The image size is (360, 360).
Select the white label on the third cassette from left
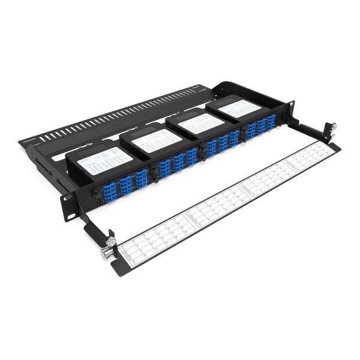[201, 123]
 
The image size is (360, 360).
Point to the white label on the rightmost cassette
[239, 109]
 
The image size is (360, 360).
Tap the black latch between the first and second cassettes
[154, 171]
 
